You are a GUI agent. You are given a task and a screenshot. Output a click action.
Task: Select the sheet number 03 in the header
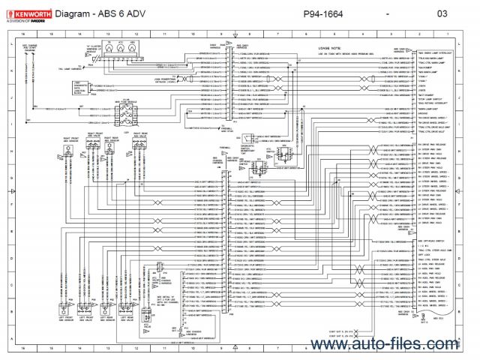[442, 14]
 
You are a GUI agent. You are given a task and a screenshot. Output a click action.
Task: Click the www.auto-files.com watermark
[403, 343]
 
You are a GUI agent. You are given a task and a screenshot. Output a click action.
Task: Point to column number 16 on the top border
[24, 34]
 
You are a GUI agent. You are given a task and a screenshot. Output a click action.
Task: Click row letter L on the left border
[13, 46]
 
